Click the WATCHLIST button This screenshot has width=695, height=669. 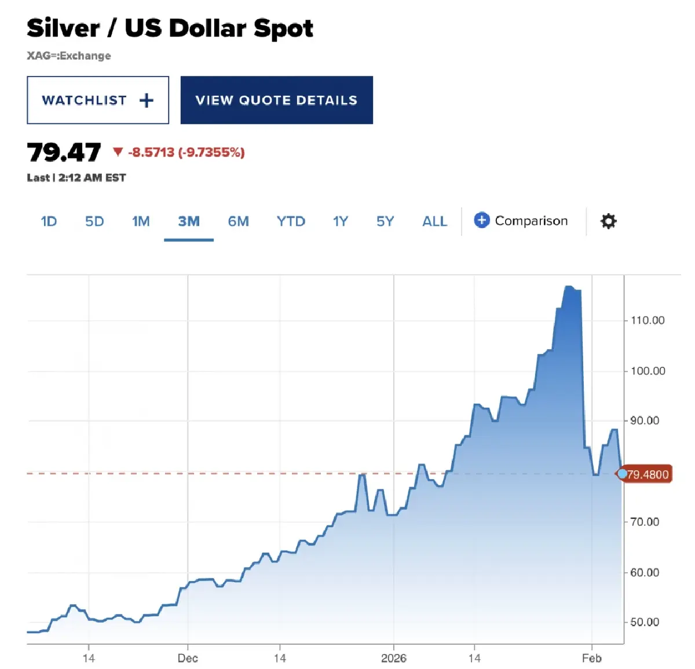coord(98,100)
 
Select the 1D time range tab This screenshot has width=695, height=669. coord(49,221)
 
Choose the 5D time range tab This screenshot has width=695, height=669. coord(94,221)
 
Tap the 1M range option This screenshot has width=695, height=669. coord(141,221)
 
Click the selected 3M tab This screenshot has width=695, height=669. coord(189,221)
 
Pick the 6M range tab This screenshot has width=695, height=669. coord(238,221)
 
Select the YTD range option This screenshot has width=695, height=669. coord(291,221)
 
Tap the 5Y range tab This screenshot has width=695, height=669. coord(385,221)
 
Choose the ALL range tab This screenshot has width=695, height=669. coord(434,221)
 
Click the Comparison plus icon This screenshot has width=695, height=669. coord(481,220)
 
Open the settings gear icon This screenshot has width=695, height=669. coord(608,221)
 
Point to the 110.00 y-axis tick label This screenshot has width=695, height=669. coord(648,320)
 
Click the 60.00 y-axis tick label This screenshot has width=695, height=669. coord(645,572)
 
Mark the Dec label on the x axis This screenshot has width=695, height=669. coord(188,658)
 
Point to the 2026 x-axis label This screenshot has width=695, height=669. coord(394,658)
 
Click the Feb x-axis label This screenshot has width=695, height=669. coord(592,658)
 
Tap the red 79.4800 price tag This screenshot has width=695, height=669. coord(648,474)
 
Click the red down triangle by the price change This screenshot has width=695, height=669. coord(118,152)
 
